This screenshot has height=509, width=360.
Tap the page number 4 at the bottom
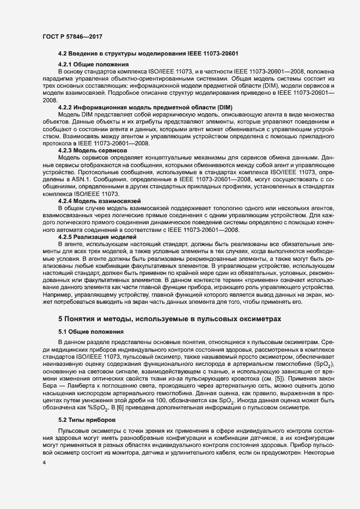(44, 462)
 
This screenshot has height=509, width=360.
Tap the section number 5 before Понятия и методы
(60, 317)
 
